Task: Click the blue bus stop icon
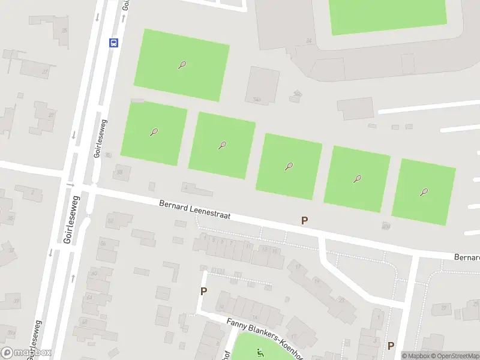(113, 43)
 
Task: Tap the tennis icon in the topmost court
(182, 65)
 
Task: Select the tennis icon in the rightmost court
(424, 193)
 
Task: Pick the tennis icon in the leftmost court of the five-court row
(154, 132)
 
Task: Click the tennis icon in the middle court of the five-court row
(289, 166)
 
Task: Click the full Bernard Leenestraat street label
(195, 210)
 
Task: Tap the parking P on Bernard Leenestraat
(304, 221)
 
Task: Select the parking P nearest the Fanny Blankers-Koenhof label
(203, 292)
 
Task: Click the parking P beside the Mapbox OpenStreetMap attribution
(391, 346)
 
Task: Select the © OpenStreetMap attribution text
(454, 356)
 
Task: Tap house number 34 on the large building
(309, 41)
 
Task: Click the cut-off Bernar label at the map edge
(466, 257)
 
